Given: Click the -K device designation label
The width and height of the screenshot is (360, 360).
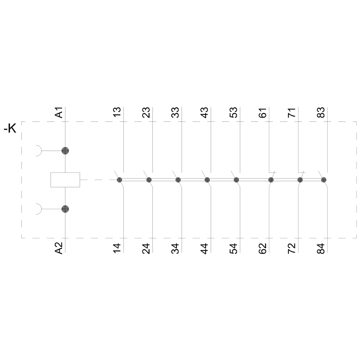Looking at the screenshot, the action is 10,129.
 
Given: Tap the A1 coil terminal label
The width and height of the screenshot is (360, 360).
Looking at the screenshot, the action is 59,112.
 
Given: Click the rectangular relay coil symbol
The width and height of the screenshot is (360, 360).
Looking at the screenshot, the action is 65,180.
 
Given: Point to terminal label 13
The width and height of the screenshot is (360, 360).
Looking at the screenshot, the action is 117,112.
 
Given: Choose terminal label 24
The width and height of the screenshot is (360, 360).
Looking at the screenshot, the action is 146,249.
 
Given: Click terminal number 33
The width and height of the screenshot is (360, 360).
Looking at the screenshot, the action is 175,112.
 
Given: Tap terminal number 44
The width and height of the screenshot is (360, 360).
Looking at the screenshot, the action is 204,249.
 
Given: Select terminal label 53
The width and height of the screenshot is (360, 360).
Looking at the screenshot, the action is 234,112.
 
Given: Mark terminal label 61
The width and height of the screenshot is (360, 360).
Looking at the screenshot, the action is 263,112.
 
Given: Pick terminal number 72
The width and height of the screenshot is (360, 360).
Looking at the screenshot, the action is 292,249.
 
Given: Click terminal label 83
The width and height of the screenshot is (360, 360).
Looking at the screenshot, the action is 321,112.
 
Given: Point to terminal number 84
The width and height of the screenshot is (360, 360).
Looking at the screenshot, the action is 321,249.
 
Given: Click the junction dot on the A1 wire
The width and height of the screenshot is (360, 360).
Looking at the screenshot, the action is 65,151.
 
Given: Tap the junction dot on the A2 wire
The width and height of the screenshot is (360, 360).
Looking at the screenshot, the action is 65,209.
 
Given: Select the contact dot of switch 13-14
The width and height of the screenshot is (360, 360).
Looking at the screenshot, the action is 120,180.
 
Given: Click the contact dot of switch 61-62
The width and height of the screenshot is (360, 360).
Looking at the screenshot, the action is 271,180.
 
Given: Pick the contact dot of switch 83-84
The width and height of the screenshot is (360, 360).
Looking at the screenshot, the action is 324,180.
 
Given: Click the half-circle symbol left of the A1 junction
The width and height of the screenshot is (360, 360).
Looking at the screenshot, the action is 39,151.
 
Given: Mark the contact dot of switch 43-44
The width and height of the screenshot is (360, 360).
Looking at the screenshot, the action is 207,180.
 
